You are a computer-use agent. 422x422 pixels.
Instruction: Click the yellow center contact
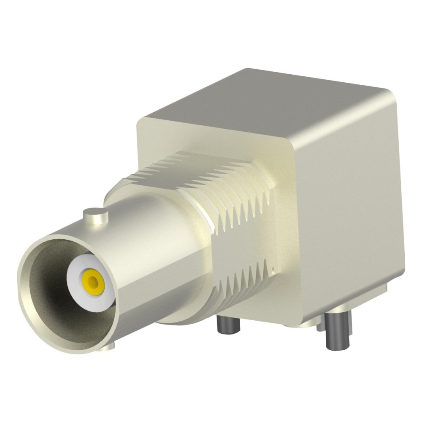pos(93,280)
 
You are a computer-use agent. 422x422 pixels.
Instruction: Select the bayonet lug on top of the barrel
pos(95,216)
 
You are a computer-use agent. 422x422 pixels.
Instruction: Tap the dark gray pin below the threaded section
pos(228,325)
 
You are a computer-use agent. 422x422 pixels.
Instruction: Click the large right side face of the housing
pos(350,203)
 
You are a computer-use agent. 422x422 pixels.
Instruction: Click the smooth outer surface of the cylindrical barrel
pos(156,236)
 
